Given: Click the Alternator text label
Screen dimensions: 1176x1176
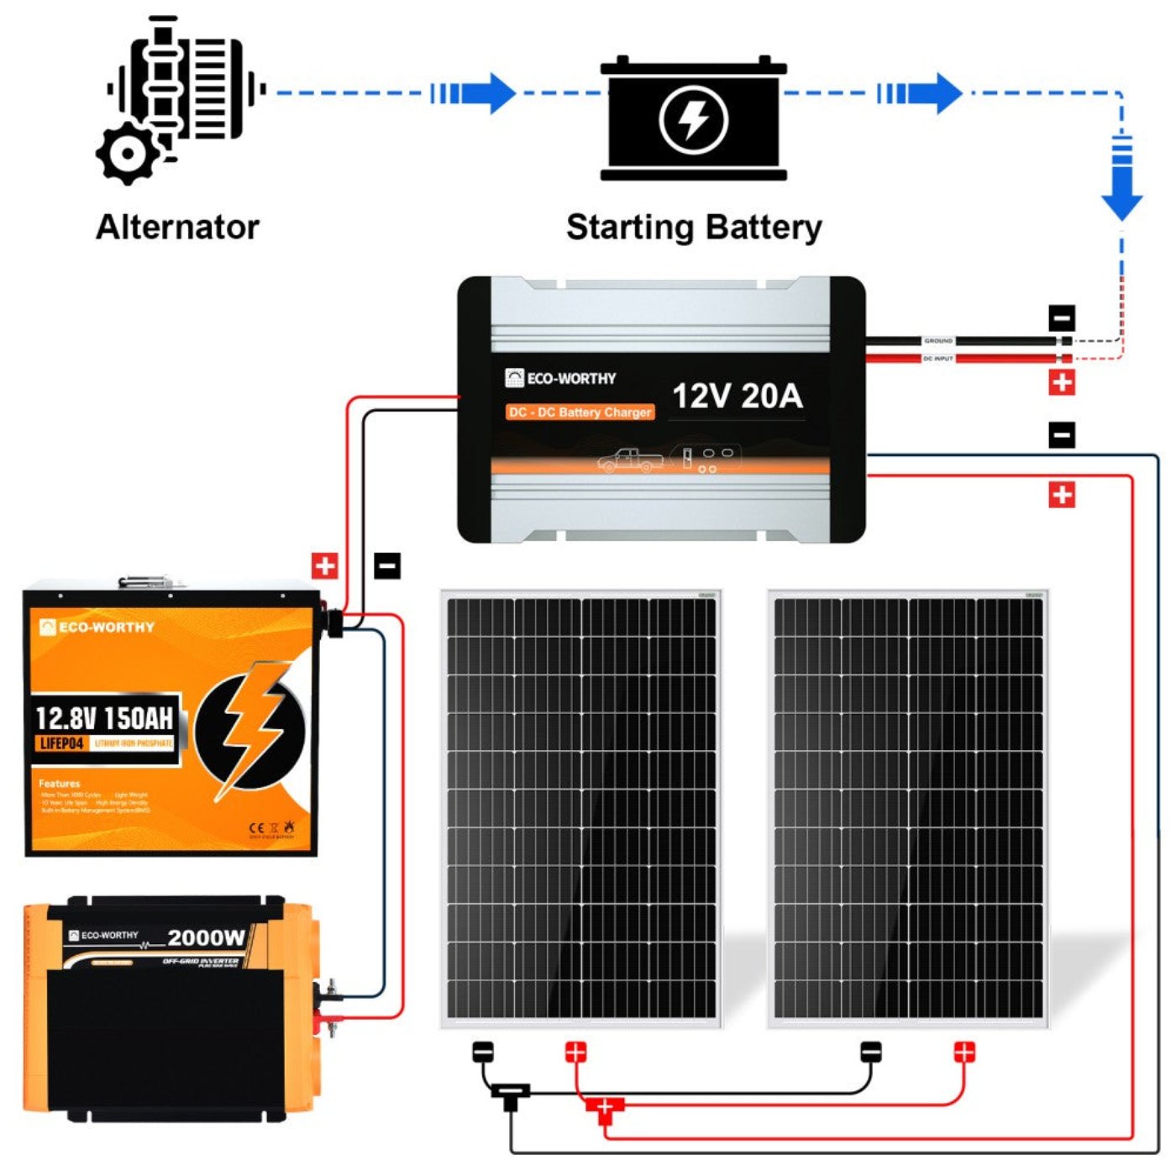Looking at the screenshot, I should (177, 227).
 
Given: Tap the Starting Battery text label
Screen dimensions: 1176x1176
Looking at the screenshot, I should (694, 227).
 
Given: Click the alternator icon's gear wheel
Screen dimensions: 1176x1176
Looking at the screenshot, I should (128, 154).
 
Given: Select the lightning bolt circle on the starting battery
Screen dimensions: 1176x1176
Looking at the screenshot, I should (693, 119).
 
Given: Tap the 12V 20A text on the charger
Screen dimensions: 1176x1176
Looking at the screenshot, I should (738, 396).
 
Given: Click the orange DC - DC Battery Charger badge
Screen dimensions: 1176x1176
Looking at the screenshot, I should (580, 412).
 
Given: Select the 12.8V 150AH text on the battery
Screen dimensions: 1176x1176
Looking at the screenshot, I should (104, 718).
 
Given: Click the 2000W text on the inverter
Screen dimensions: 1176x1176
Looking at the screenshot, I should (207, 937).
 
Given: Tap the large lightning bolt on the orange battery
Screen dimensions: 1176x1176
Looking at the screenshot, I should (252, 727).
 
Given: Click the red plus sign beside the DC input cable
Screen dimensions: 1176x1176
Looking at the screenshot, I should (1062, 383).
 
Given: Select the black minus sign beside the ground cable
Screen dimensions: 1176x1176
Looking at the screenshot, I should (1062, 318).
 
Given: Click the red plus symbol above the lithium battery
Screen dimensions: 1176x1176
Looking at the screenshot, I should (324, 565).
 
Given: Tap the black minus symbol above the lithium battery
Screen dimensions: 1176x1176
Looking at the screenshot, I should (387, 565).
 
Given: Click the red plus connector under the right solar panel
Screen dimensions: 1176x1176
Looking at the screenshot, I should (964, 1052).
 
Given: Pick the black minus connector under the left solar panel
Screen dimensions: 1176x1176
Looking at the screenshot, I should (483, 1052).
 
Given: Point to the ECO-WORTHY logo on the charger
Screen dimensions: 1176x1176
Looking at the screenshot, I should (561, 378).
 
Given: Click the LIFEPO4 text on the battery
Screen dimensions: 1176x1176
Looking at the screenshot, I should (62, 743).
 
